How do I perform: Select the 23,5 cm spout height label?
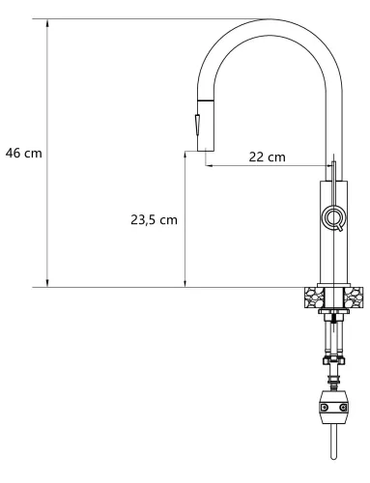tap(154, 219)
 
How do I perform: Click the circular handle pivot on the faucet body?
tap(333, 217)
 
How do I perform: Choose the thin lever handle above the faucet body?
tap(334, 169)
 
